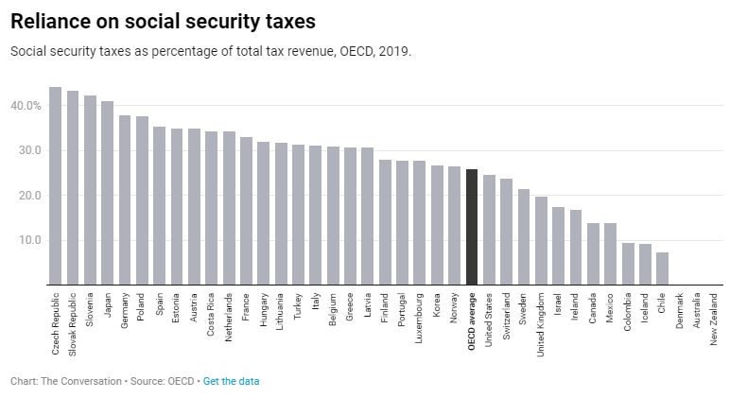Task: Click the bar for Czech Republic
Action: (x=55, y=186)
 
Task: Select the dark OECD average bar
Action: (x=472, y=227)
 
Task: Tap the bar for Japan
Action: (x=107, y=193)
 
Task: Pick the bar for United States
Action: (x=489, y=230)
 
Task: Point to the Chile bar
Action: (x=662, y=268)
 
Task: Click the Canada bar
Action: (x=593, y=253)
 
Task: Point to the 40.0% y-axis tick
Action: (x=26, y=106)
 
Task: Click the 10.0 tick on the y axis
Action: (x=28, y=240)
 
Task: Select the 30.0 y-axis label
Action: (x=28, y=150)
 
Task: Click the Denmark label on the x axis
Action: (x=680, y=313)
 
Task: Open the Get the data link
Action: (x=231, y=381)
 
